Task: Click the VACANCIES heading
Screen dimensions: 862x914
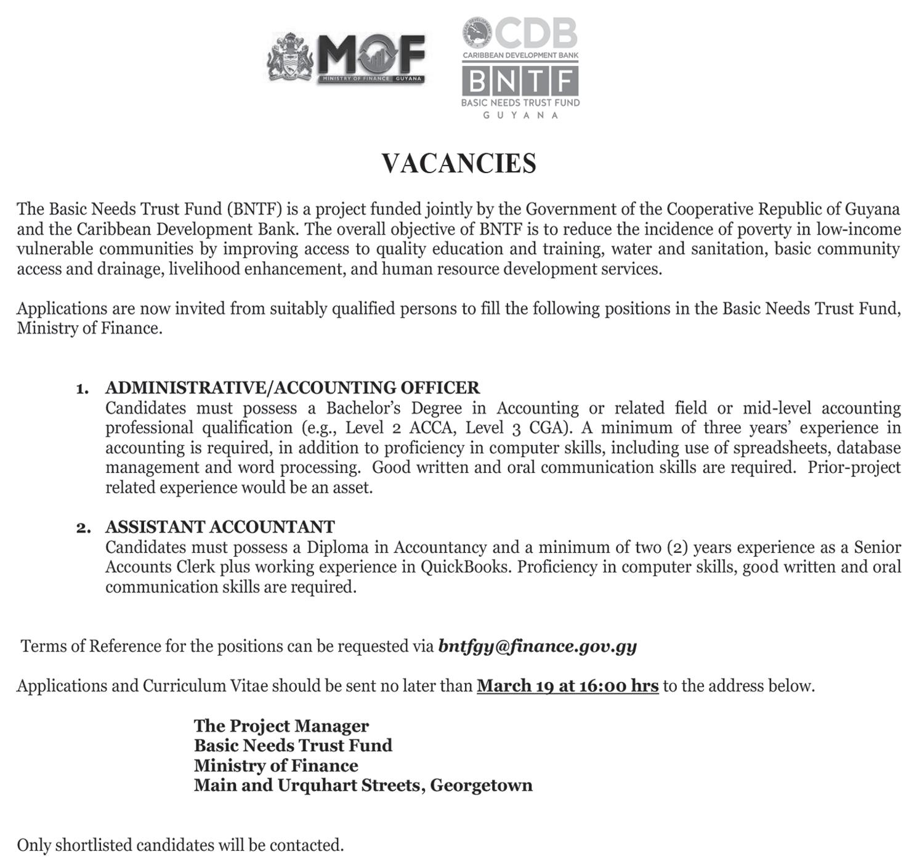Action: click(x=459, y=164)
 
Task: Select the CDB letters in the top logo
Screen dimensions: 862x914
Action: click(x=535, y=33)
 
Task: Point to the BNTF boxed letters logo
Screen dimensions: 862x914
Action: click(x=520, y=81)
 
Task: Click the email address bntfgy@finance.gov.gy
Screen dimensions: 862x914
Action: click(x=537, y=647)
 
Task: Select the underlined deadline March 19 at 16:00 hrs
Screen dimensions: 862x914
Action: click(x=567, y=686)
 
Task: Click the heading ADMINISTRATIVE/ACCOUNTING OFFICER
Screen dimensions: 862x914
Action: click(x=292, y=388)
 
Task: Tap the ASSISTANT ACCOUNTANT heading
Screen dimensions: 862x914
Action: click(x=220, y=527)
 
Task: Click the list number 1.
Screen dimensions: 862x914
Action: click(x=81, y=389)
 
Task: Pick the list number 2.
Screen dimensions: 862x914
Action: click(x=83, y=528)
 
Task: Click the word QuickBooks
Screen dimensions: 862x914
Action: click(x=465, y=567)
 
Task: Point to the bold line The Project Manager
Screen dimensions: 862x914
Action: click(x=281, y=726)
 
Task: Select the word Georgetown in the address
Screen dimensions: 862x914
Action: click(x=481, y=786)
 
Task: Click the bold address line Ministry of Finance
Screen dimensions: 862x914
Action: click(x=275, y=766)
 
